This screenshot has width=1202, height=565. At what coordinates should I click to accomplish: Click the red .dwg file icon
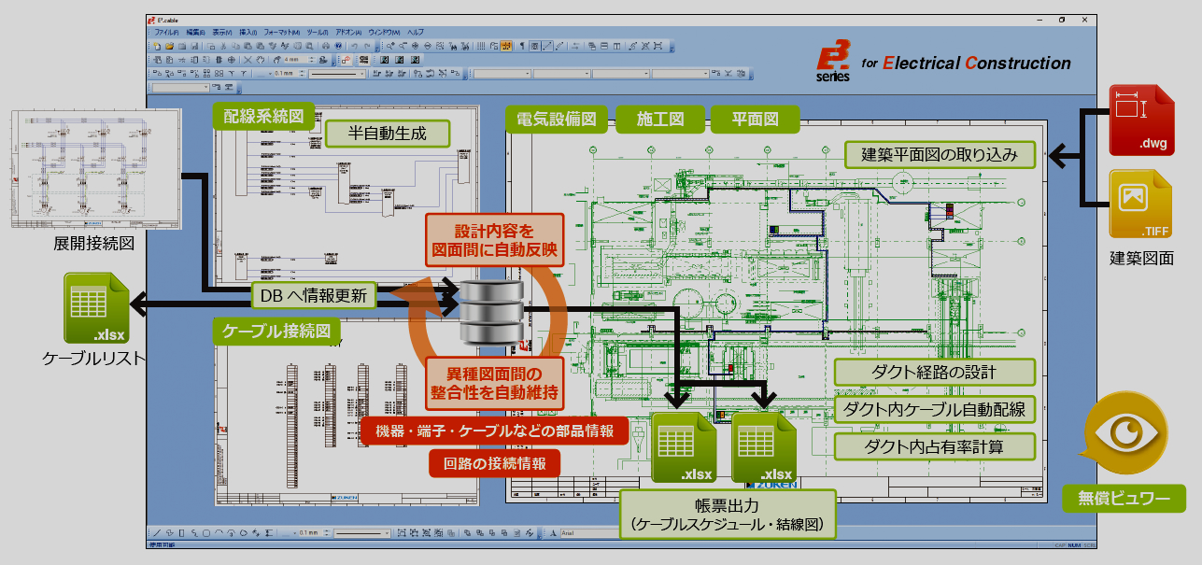click(1139, 120)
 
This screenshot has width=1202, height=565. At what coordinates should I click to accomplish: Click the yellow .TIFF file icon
click(1139, 204)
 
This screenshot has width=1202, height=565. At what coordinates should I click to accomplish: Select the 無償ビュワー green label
click(1124, 499)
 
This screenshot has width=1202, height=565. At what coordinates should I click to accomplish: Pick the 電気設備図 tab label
click(557, 120)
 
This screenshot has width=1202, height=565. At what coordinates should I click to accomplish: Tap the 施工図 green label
click(660, 120)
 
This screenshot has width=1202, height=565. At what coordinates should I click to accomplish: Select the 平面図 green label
click(755, 120)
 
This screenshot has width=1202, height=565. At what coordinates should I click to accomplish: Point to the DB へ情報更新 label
click(314, 296)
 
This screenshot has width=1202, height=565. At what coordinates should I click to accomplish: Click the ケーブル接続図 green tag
click(276, 331)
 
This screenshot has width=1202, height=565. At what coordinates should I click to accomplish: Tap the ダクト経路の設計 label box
click(935, 372)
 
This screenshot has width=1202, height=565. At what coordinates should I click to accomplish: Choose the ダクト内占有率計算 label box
click(935, 446)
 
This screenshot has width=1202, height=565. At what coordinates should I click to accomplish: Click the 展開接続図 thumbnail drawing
click(96, 170)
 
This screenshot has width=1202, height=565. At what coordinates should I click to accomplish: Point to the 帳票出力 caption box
click(727, 516)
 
